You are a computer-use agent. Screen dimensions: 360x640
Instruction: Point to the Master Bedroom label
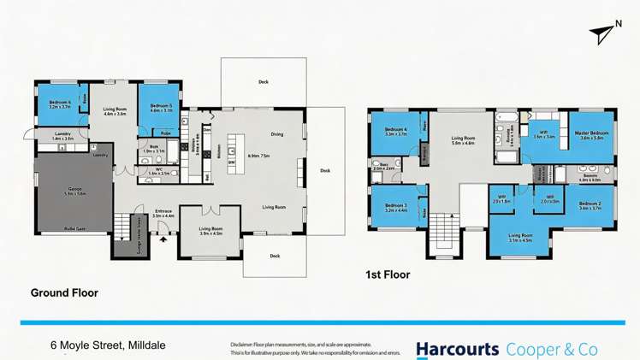pyautogui.click(x=591, y=133)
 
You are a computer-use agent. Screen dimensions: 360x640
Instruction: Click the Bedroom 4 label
pyautogui.click(x=394, y=130)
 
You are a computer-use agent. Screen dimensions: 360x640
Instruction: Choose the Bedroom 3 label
pyautogui.click(x=394, y=205)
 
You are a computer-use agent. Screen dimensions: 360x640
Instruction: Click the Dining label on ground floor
pyautogui.click(x=276, y=134)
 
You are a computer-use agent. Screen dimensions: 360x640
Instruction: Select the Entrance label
pyautogui.click(x=163, y=210)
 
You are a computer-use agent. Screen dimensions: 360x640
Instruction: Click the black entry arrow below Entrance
pyautogui.click(x=163, y=239)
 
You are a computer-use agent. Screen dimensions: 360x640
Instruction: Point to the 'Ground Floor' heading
pyautogui.click(x=64, y=293)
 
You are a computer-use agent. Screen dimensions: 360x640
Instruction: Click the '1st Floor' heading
pyautogui.click(x=387, y=275)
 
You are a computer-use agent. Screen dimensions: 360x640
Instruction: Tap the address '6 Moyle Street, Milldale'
pyautogui.click(x=108, y=345)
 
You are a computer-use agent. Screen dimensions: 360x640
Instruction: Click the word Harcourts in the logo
pyautogui.click(x=457, y=349)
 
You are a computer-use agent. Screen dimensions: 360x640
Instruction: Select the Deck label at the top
pyautogui.click(x=264, y=82)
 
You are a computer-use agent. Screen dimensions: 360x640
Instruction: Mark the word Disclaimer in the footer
pyautogui.click(x=245, y=345)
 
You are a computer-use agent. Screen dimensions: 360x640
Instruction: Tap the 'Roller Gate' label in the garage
pyautogui.click(x=74, y=228)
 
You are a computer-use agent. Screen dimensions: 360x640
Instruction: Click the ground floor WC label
pyautogui.click(x=158, y=169)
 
